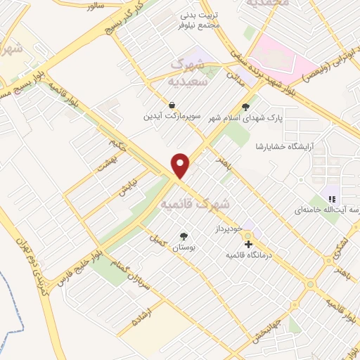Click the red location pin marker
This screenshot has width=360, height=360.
click(181, 165)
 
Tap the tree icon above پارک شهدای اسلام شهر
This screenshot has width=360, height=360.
click(245, 108)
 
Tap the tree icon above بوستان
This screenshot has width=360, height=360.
click(184, 236)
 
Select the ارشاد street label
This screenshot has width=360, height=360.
click(143, 321)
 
